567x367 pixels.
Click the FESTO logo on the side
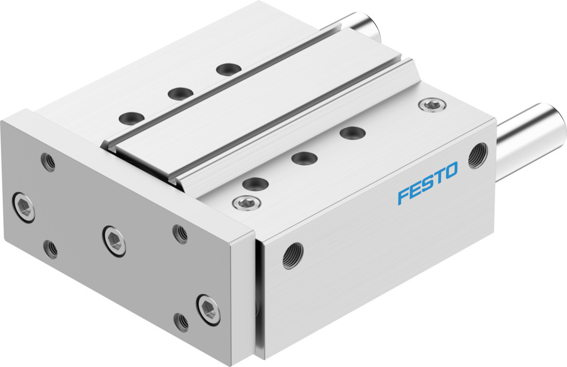coord(428,183)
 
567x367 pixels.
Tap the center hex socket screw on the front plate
coord(114,241)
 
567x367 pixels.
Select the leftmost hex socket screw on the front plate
coord(24,207)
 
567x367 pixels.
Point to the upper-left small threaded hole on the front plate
coord(49,162)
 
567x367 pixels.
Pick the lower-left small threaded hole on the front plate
coord(50,249)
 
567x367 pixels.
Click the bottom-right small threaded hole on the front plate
coord(181,321)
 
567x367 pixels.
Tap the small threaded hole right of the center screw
coord(180,233)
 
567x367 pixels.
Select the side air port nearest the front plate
coord(293,255)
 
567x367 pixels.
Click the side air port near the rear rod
coord(478,156)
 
